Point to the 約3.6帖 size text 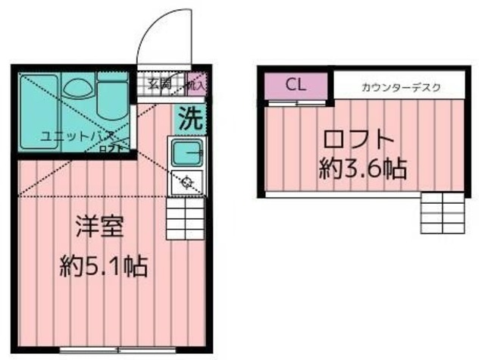[362, 168]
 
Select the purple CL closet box [296, 84]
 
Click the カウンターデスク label [401, 88]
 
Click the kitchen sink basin [186, 154]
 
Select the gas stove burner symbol [186, 181]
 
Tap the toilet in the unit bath [111, 106]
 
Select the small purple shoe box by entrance [196, 83]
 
